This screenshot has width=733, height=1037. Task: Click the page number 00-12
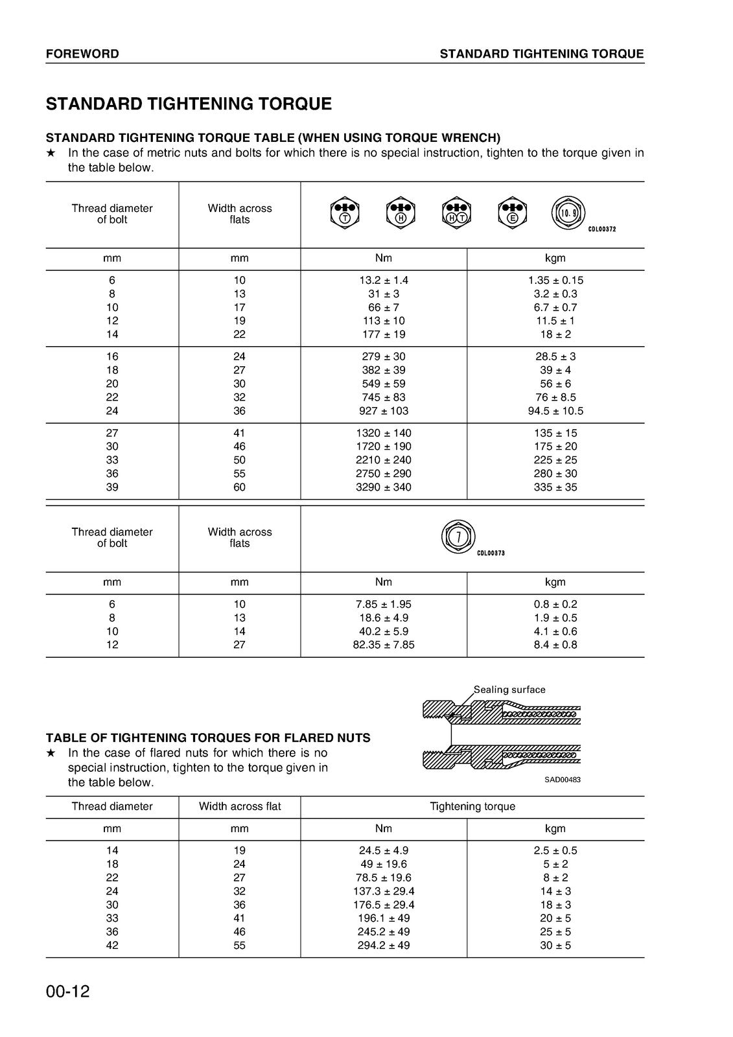67,992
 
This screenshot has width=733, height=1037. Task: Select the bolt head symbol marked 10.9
568,213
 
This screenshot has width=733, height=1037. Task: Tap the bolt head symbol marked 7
458,536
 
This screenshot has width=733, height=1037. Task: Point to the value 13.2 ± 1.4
384,281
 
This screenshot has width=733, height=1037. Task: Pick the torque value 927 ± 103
384,411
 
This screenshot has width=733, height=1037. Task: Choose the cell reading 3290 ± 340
384,487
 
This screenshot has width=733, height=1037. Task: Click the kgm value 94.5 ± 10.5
555,411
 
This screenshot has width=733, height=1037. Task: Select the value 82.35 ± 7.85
384,645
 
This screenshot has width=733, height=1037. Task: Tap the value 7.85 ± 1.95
384,604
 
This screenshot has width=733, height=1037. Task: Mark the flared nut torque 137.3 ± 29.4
384,891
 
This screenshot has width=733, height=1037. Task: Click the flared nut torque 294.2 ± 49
384,945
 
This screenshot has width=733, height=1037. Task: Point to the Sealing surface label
509,690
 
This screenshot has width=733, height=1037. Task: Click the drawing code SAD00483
563,780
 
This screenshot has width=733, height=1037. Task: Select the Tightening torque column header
472,806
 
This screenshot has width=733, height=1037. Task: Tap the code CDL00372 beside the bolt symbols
601,229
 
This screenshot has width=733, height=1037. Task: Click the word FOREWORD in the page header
82,54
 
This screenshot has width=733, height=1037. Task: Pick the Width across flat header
240,806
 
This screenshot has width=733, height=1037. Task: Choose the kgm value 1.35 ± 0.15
555,281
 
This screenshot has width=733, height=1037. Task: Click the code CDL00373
491,553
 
